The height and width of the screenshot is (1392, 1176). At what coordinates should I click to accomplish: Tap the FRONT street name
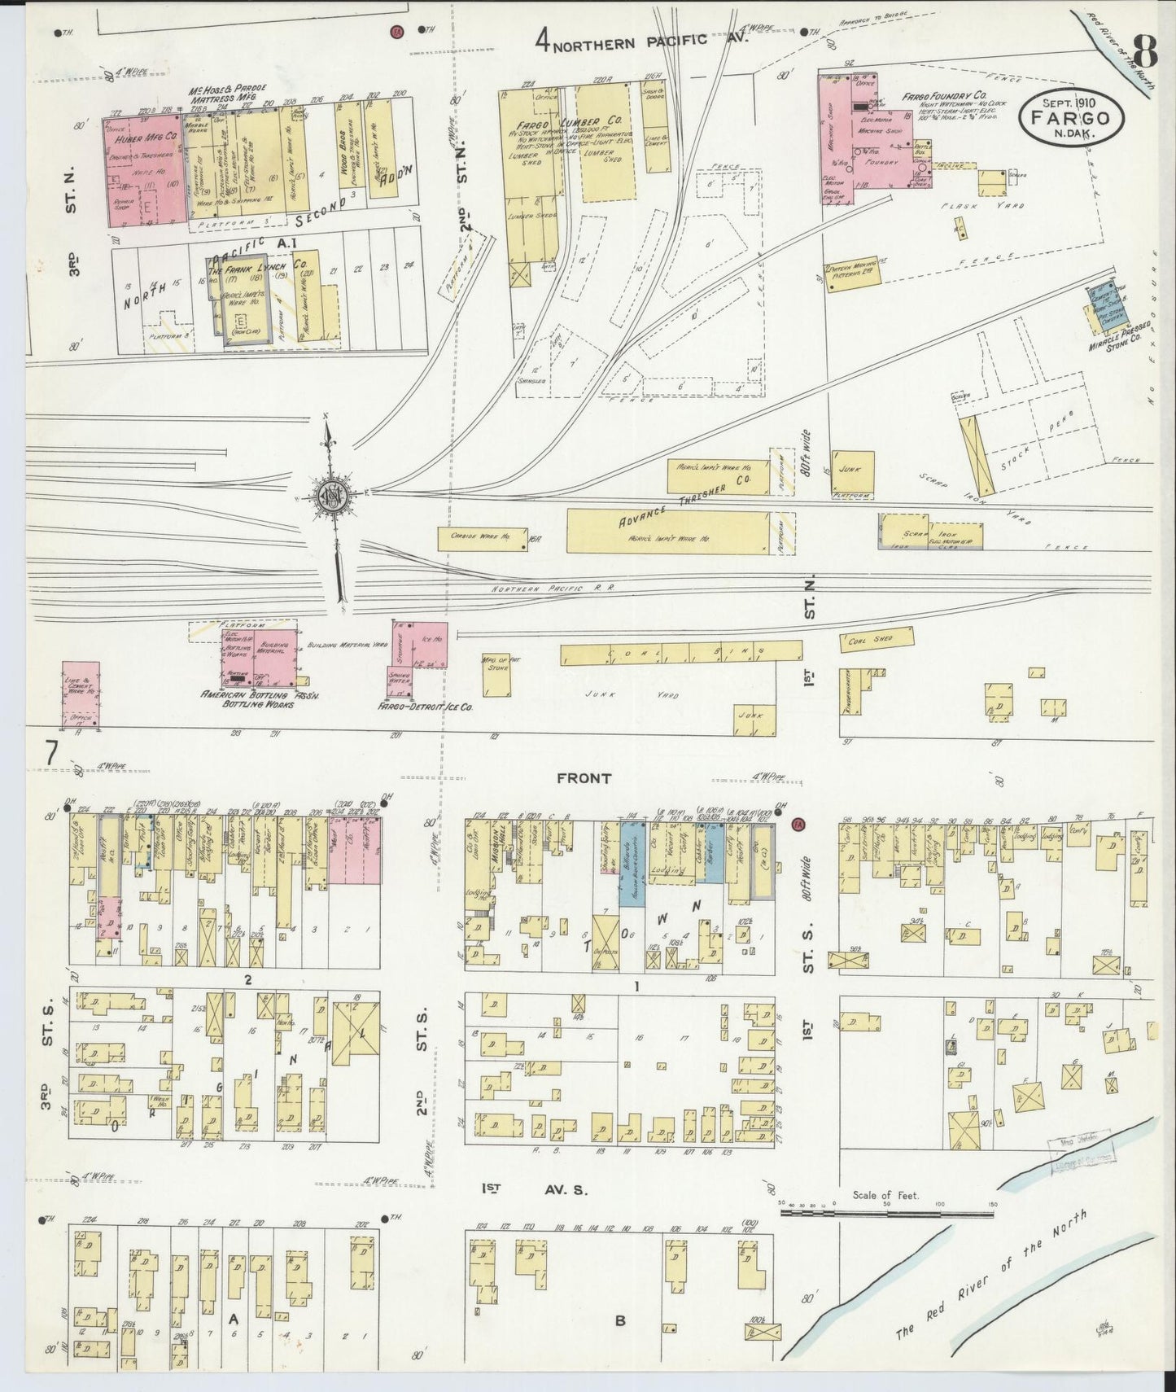pyautogui.click(x=584, y=779)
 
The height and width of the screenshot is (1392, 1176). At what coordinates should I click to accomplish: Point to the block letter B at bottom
pyautogui.click(x=620, y=1321)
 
